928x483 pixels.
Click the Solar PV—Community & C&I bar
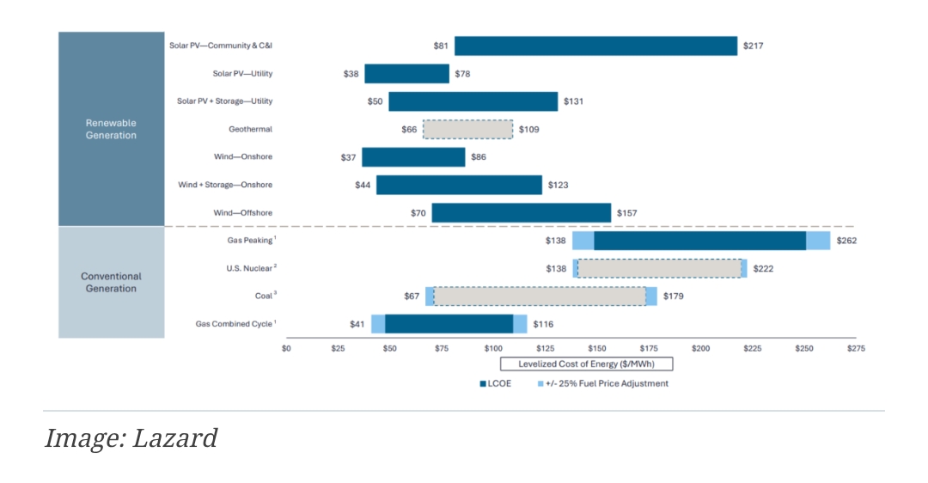[x=595, y=46]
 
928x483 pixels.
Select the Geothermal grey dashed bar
[x=467, y=130]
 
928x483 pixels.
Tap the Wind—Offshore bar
[x=521, y=213]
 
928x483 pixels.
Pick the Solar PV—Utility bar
[x=406, y=74]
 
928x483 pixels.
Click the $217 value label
[x=752, y=46]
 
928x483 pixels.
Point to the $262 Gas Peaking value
[x=846, y=241]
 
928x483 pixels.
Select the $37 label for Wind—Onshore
[x=349, y=157]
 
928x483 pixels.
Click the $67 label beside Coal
[x=412, y=297]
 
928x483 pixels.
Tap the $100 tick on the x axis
[x=493, y=348]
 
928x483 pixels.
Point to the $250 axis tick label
[x=803, y=348]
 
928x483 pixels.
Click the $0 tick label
[x=287, y=348]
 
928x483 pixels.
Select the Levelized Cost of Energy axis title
[x=576, y=364]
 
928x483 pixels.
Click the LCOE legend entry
[x=495, y=383]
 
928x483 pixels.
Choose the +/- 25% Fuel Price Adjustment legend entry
[x=602, y=383]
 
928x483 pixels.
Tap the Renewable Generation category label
[x=111, y=129]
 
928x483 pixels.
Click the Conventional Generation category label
[x=111, y=283]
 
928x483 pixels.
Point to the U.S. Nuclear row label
[x=245, y=268]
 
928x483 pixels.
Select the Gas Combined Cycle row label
[x=235, y=324]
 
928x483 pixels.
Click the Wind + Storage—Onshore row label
[x=224, y=185]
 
